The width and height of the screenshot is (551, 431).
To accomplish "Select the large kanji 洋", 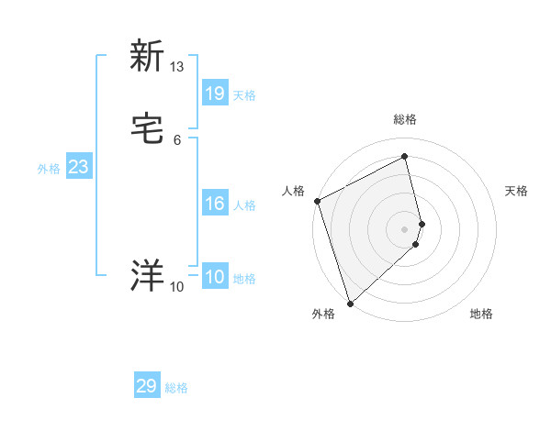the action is [147, 276].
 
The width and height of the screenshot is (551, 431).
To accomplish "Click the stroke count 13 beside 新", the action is [177, 67].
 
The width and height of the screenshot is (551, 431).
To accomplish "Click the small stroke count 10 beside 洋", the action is [177, 287].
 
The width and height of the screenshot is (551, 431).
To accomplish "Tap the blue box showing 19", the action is [215, 93].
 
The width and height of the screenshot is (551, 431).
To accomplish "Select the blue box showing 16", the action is [215, 204].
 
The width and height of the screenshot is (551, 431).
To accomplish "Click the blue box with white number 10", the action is [215, 277].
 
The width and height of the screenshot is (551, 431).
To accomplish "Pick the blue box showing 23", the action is [78, 167].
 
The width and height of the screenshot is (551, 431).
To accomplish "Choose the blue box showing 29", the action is [147, 386].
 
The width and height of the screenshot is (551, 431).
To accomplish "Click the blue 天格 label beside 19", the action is [244, 94].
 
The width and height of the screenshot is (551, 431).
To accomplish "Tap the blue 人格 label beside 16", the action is [244, 205].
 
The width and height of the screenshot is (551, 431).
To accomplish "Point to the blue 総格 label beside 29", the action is [176, 388].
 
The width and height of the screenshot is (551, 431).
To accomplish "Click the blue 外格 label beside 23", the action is [49, 169].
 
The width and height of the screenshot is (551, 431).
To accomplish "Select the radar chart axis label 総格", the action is [405, 119].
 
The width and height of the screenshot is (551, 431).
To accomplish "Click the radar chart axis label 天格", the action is [516, 191].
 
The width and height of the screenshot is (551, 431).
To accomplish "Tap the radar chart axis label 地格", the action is [481, 314].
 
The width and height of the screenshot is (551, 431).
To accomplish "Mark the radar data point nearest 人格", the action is [317, 201].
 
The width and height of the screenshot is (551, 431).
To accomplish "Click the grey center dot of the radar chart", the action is [405, 228].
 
